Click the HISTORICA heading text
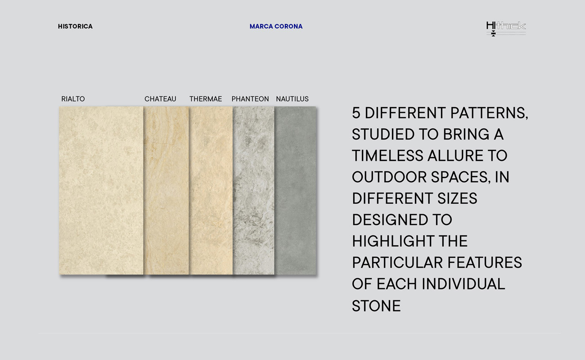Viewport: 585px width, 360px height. pos(75,27)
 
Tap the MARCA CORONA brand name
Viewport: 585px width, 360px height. pos(276,27)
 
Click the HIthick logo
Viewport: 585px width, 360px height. pos(506,28)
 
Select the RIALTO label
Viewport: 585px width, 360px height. pos(73,99)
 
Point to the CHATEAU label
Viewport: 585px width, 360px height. pos(160,99)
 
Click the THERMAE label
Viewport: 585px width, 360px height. pos(206,99)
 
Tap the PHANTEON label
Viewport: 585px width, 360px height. pos(250,99)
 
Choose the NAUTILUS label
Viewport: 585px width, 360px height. pos(292,99)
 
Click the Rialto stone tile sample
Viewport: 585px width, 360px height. pos(101,190)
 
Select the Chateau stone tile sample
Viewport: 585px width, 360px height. pos(166,190)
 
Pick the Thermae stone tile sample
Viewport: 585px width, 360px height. pos(211,190)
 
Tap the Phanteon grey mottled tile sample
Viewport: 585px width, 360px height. pos(254,190)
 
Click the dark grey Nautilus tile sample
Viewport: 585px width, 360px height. pos(295,190)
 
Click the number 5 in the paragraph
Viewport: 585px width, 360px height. pos(356,113)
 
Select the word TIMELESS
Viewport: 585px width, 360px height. pos(387,156)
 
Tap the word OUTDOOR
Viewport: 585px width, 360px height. pos(389,177)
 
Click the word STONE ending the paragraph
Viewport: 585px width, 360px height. pos(376,306)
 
